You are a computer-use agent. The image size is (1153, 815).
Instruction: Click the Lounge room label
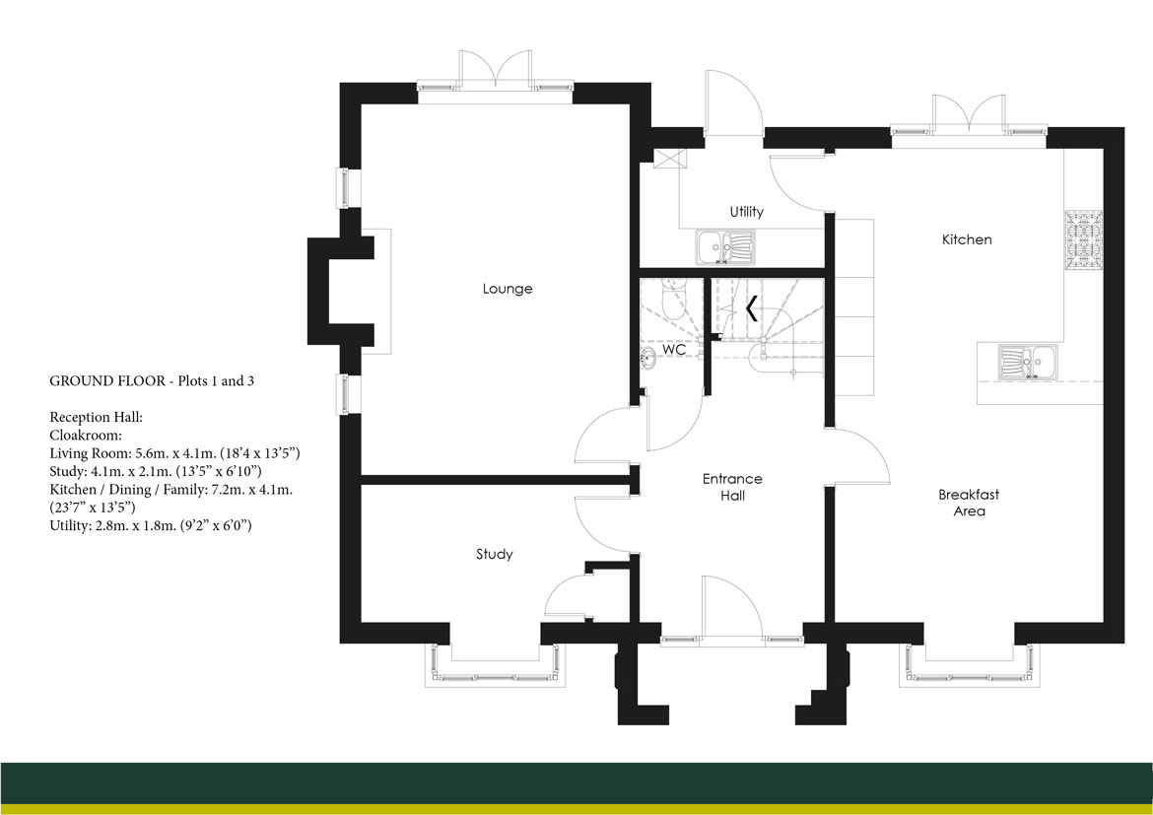(508, 289)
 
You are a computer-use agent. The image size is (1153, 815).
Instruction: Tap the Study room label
(494, 555)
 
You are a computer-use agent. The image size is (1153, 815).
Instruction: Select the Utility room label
(746, 212)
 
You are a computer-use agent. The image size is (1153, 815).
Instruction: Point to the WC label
(674, 350)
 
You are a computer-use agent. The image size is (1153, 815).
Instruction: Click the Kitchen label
(967, 239)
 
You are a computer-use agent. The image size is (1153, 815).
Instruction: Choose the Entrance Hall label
(732, 487)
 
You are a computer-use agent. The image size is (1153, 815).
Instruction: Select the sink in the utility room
(724, 248)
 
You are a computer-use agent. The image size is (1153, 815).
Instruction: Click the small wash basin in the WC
(648, 357)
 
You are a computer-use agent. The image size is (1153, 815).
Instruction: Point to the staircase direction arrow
(751, 309)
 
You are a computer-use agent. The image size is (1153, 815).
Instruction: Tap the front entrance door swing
(731, 607)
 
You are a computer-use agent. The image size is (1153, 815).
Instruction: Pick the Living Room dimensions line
(174, 453)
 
